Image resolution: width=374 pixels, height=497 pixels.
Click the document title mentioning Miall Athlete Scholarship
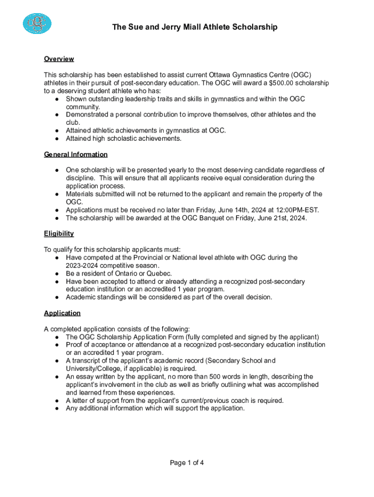[195, 27]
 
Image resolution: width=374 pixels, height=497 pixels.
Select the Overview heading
[59, 59]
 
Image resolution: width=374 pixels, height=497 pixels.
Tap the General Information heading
[76, 154]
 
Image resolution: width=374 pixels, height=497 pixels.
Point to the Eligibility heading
[59, 233]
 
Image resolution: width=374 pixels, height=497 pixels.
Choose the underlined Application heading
[62, 313]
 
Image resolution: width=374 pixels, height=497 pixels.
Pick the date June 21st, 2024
[280, 218]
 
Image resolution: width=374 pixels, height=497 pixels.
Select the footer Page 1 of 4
[187, 463]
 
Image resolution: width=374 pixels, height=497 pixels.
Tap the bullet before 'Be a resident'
[57, 273]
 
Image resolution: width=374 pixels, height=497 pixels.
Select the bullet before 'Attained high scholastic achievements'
[57, 138]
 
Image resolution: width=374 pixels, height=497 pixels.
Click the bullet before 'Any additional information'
[57, 408]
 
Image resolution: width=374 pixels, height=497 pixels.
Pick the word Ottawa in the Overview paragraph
[221, 75]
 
